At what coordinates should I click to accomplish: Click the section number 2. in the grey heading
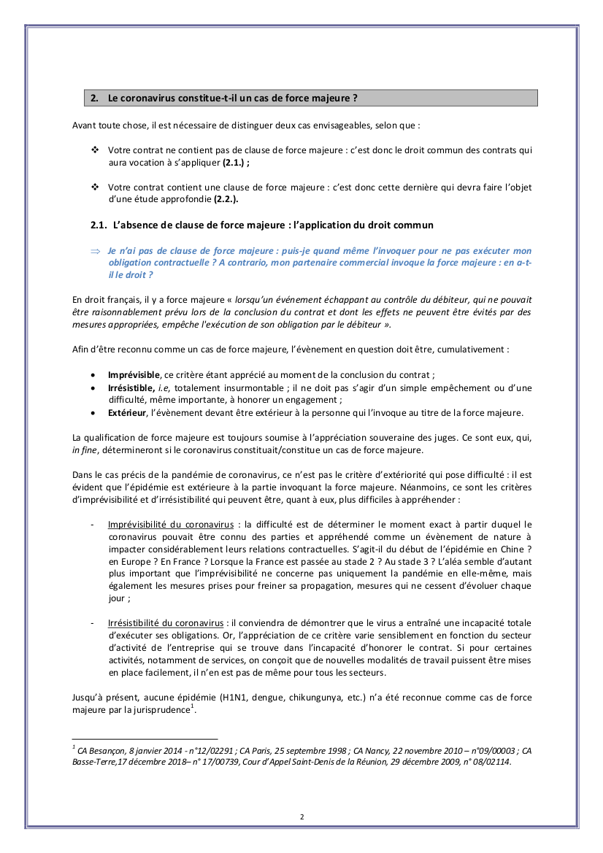tap(94, 98)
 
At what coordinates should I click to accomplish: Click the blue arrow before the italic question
tap(94, 250)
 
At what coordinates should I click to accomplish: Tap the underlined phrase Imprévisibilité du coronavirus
tap(171, 524)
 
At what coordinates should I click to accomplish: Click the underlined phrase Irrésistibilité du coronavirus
tap(166, 623)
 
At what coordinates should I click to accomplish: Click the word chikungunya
tap(310, 698)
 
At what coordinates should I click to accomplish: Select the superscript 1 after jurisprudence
tap(192, 706)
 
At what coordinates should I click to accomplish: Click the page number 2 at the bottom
tap(301, 817)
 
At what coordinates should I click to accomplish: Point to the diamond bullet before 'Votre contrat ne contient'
tap(94, 150)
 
